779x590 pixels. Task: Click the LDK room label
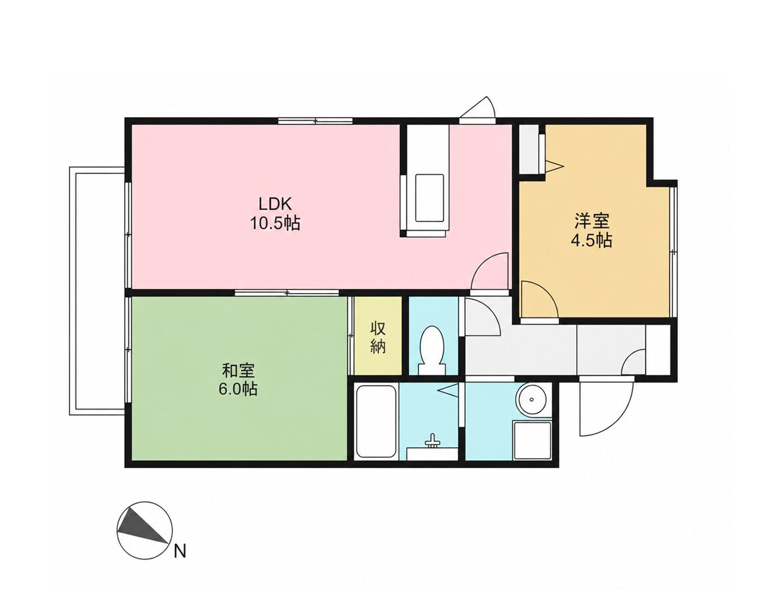coord(274,203)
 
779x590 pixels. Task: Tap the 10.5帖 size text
coord(275,223)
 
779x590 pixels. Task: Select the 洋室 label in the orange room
coord(591,220)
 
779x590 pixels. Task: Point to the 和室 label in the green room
coord(238,371)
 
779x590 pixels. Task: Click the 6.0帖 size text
coord(238,389)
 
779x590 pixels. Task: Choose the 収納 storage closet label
coord(378,338)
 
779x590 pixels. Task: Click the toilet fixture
coord(432,350)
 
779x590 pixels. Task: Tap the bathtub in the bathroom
coord(376,421)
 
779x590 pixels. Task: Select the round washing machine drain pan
coord(532,399)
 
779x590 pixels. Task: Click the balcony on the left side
coord(97,291)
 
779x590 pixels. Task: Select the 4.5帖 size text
coord(591,240)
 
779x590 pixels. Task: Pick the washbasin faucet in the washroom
coord(432,441)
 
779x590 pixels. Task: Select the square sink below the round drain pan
coord(532,441)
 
